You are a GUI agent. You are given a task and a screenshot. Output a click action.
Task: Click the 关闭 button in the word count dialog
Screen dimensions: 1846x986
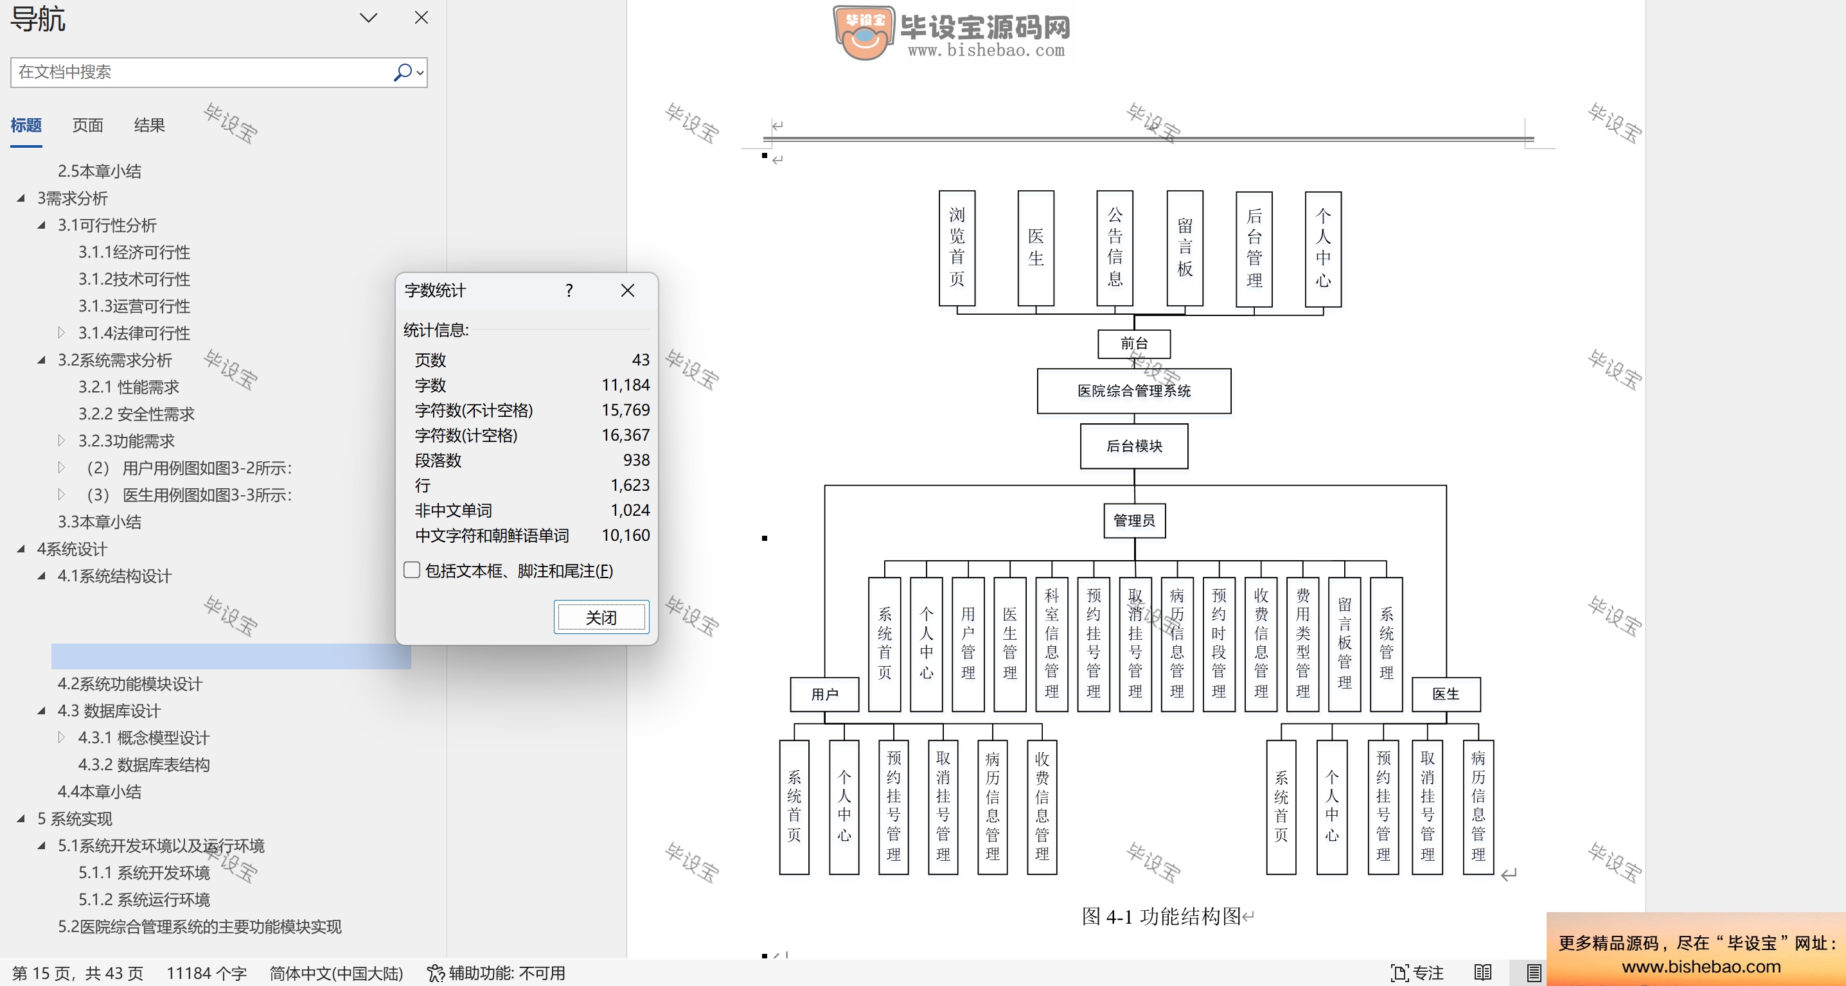click(601, 617)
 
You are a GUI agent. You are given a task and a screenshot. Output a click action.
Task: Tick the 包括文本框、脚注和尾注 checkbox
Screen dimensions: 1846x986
click(412, 570)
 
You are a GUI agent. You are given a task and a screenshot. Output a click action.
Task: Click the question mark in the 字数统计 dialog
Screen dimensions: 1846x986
click(569, 290)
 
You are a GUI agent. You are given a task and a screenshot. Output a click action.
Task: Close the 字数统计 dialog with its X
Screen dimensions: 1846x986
click(628, 290)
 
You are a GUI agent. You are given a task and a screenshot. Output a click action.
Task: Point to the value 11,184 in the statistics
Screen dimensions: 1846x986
click(626, 385)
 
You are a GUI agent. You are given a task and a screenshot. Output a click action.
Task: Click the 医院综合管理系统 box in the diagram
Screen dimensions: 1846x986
click(1133, 391)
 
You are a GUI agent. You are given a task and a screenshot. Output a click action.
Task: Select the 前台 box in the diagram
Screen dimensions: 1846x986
click(1133, 344)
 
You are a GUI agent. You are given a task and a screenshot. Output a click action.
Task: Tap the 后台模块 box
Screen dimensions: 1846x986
click(1133, 446)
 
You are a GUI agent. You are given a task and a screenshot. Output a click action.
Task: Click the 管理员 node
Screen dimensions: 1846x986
click(1133, 520)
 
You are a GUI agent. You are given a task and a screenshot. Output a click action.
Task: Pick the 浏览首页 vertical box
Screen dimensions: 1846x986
click(957, 248)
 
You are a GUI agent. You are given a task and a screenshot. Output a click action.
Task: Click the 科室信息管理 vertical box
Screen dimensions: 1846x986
click(1051, 644)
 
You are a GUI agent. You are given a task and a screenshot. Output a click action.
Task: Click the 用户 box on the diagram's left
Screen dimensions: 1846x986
click(824, 694)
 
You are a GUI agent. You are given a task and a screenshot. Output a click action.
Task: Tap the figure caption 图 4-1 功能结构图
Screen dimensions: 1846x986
click(1161, 917)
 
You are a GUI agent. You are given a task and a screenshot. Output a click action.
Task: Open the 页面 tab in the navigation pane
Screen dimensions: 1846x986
click(87, 125)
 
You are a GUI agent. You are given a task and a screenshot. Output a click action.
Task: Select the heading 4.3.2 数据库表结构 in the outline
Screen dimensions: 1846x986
click(144, 764)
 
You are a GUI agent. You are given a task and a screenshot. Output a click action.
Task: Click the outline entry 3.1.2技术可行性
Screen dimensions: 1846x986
click(134, 279)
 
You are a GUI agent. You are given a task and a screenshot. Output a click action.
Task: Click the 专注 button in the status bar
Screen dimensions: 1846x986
click(1417, 973)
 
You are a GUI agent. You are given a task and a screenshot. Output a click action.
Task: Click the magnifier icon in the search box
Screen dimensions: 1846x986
click(403, 73)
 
